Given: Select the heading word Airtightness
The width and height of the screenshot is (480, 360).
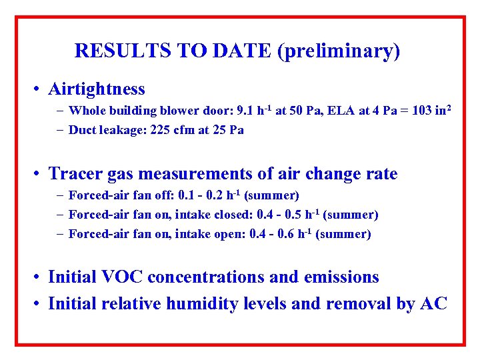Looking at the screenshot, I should coord(97,89).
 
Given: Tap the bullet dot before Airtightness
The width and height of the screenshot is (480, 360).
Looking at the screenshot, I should coord(41,89).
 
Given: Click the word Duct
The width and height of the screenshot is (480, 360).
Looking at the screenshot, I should coord(83,130).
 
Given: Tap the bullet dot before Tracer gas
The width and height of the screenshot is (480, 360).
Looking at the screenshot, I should coord(41,175).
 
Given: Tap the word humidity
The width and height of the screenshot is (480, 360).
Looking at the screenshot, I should coord(205,304).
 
